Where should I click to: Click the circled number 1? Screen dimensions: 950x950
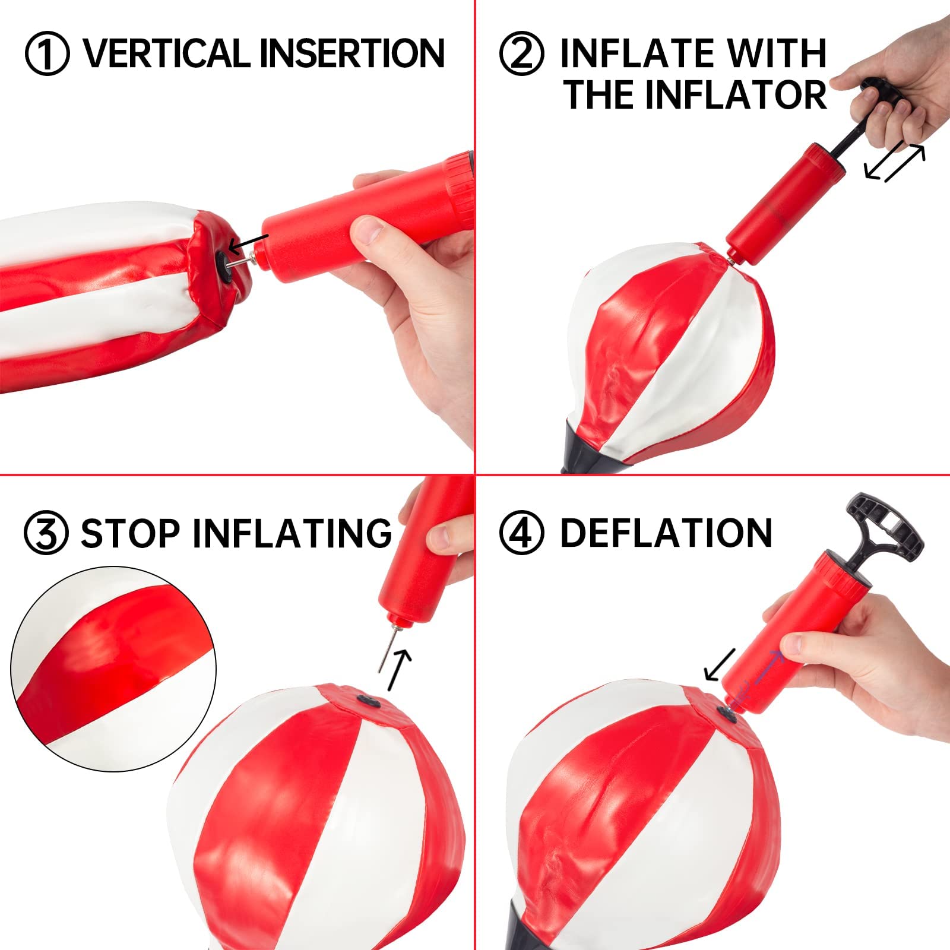(47, 53)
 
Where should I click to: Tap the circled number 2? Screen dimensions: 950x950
(521, 53)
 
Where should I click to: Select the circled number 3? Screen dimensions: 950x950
(46, 533)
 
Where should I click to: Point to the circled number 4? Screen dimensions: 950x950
(521, 533)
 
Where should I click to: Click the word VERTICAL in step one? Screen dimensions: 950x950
(167, 53)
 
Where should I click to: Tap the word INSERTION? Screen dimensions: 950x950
(352, 53)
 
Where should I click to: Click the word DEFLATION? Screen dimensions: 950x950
(666, 533)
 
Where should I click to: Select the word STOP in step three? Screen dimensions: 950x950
(130, 533)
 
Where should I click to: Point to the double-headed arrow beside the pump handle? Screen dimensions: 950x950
(895, 163)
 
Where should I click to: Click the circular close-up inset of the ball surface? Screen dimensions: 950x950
(113, 669)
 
